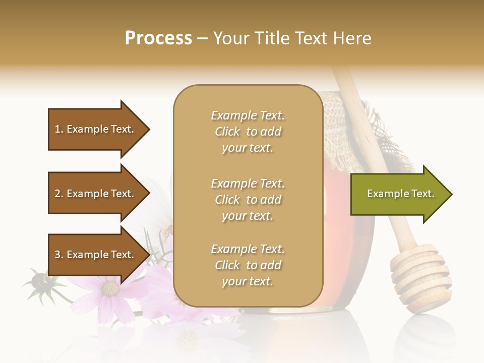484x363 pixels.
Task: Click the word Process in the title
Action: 158,38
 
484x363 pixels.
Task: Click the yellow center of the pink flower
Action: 110,288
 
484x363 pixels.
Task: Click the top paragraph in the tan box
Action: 248,132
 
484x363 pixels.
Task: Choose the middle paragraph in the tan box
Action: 248,200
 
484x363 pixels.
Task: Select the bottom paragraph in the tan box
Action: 248,265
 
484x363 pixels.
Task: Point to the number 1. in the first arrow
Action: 59,129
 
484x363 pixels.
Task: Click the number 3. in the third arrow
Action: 59,255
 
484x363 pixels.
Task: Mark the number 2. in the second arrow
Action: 59,194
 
